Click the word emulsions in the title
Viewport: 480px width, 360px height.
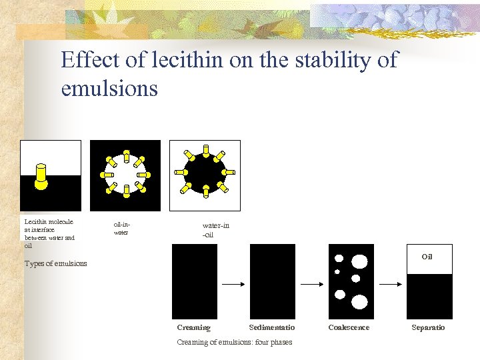(109, 88)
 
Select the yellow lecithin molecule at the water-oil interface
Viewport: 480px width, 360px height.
(41, 175)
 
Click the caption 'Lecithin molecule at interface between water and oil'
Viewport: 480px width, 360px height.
(49, 233)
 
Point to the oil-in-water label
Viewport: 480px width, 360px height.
(121, 229)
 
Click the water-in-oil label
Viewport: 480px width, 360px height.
(215, 230)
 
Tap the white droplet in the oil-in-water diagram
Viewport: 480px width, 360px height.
(125, 175)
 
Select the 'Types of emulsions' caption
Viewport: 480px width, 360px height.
(55, 263)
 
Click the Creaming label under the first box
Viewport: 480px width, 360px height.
(193, 327)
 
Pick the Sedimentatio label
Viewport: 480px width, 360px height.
(271, 327)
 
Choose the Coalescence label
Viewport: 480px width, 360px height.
(349, 327)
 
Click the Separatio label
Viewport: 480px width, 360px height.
(428, 327)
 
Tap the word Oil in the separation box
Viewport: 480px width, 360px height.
(427, 257)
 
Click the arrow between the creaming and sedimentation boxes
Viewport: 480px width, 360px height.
(233, 284)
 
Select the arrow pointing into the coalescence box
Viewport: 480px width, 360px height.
(312, 284)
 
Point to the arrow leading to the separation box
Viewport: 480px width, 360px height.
(390, 284)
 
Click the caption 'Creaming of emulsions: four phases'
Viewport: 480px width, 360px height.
(234, 342)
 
